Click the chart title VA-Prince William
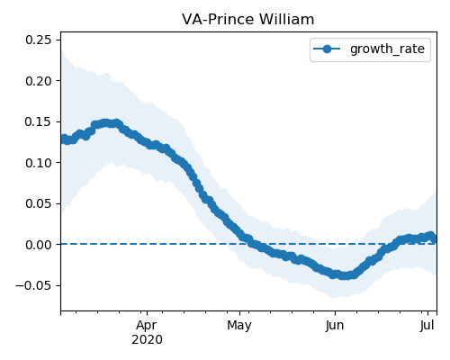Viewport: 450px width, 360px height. (248, 20)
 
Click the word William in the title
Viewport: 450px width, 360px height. (286, 20)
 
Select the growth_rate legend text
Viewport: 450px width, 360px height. (387, 49)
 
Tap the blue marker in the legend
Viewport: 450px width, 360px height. (327, 49)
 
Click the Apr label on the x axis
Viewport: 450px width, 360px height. (147, 326)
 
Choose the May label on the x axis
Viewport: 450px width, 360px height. (239, 326)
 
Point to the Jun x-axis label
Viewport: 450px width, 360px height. (335, 326)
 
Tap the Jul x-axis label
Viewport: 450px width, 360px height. (427, 326)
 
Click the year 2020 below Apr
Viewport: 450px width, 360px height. (147, 340)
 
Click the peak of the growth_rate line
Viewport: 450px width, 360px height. (105, 123)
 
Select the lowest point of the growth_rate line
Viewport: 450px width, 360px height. (345, 275)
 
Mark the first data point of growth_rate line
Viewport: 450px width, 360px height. (64, 139)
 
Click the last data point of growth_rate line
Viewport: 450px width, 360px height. (434, 239)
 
